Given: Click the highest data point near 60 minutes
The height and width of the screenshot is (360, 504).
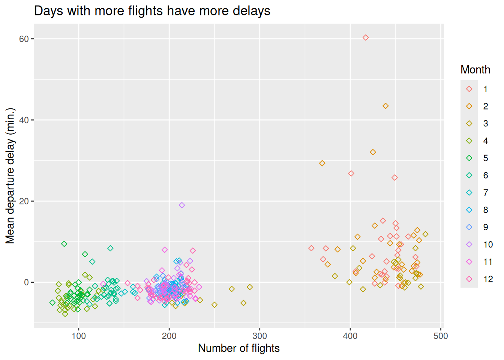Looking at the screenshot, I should point(366,37).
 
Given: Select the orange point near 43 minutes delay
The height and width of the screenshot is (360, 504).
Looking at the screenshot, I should point(385,106).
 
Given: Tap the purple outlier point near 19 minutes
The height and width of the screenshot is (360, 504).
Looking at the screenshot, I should point(182,205).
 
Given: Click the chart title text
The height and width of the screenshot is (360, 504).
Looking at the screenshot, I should point(152,11).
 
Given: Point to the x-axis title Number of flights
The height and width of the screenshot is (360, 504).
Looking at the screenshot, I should point(238,348).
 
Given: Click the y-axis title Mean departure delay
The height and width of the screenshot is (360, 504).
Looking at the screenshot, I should point(10,175).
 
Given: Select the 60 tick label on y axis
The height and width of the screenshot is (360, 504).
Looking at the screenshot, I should point(24,39).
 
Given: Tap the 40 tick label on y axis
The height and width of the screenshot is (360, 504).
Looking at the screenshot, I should point(24,120).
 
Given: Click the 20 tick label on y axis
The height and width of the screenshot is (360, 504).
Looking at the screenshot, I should point(24,201).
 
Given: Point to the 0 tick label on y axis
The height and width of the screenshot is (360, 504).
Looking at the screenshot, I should point(26,282).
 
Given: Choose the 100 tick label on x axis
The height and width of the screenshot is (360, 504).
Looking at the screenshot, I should point(78,336).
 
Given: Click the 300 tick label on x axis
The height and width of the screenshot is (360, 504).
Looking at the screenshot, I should point(259,336).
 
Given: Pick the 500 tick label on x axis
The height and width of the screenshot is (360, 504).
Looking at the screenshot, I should point(441,336).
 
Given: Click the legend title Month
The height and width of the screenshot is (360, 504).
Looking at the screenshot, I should point(475,70).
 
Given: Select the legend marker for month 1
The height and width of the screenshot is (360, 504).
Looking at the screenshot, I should point(469,89).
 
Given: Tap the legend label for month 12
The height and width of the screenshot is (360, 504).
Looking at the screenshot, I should point(488,279).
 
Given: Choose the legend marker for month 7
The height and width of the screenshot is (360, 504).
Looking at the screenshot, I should point(469,193).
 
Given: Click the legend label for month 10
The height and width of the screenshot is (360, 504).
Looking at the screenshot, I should point(488,244).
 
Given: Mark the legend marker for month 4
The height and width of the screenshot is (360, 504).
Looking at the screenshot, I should point(469,141).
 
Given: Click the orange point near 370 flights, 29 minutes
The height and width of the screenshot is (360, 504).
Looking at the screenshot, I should point(322,163).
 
